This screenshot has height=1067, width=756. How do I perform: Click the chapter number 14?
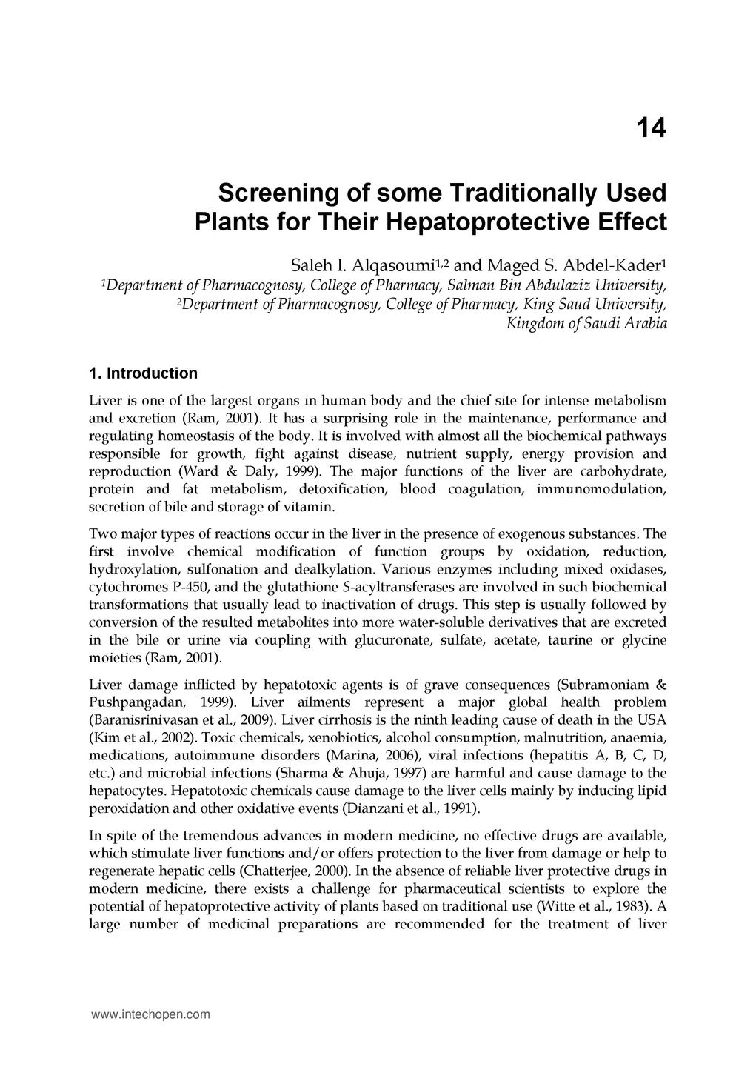(x=652, y=129)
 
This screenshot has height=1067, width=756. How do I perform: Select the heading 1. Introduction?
(x=143, y=373)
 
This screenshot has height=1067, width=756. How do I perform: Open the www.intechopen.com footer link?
(x=150, y=1015)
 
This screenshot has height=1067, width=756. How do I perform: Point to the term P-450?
(x=188, y=587)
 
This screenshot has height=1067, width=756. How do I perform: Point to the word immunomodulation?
(x=601, y=489)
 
